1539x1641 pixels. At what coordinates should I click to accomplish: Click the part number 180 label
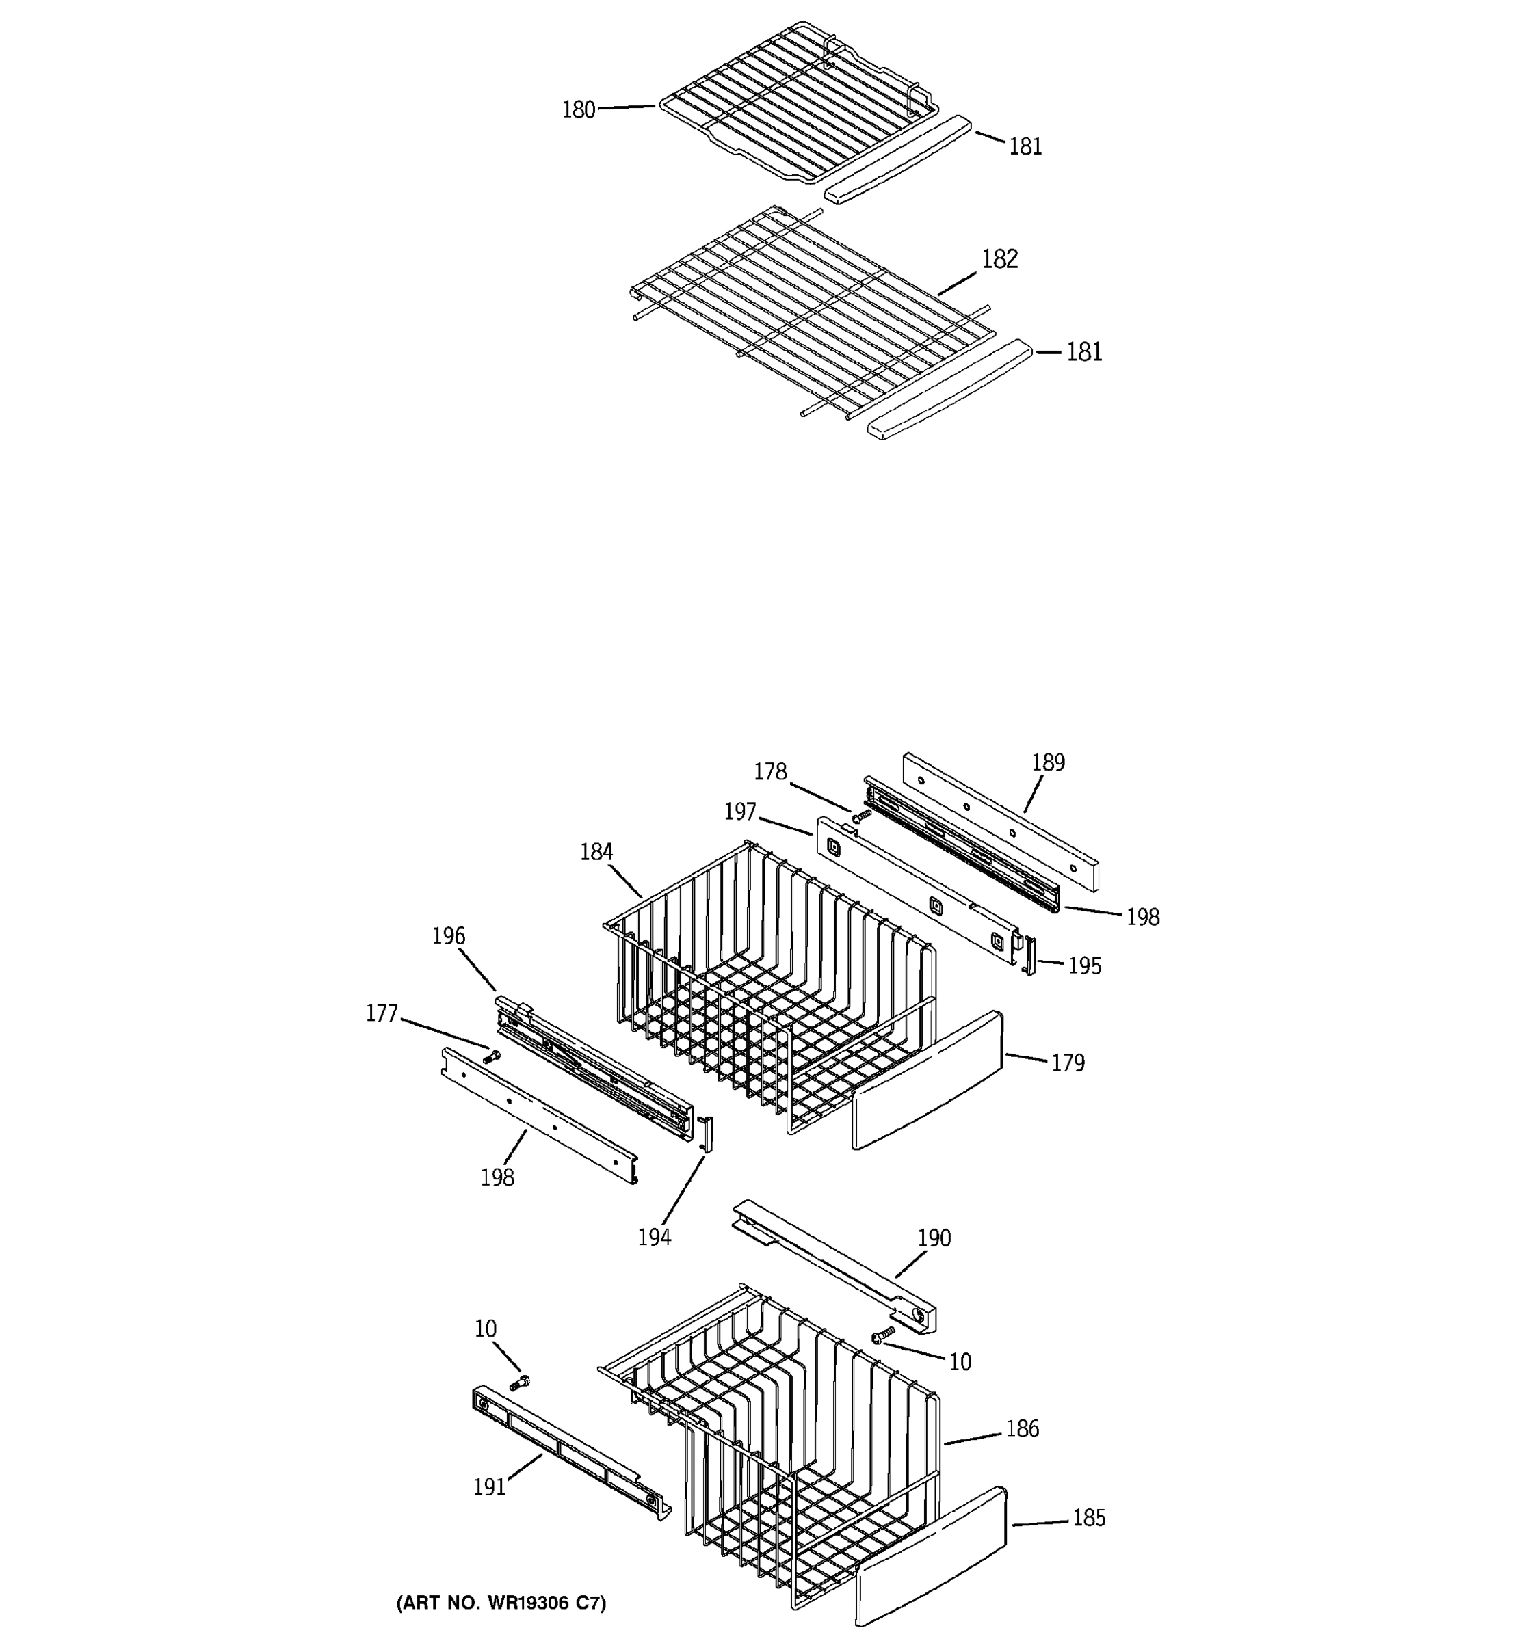[578, 110]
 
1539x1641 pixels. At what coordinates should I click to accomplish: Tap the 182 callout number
[999, 259]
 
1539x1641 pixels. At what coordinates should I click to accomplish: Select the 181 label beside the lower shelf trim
[1084, 352]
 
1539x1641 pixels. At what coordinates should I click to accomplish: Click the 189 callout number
[1048, 762]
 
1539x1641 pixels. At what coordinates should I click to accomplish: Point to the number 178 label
[770, 772]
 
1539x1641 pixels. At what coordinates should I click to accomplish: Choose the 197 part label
[740, 812]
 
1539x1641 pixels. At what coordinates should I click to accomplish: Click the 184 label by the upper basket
[596, 852]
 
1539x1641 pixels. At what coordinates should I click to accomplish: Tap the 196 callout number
[448, 936]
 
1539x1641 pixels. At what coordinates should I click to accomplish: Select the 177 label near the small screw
[382, 1013]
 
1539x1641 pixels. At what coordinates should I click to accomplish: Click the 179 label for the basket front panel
[1068, 1063]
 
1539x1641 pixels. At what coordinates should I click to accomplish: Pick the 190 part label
[934, 1238]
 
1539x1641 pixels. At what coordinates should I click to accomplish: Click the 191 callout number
[489, 1487]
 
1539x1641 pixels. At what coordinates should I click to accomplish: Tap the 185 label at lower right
[1088, 1518]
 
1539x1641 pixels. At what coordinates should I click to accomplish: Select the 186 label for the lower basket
[1022, 1429]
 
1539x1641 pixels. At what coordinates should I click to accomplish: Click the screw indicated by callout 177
[493, 1055]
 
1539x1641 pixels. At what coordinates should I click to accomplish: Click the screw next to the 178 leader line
[863, 815]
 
